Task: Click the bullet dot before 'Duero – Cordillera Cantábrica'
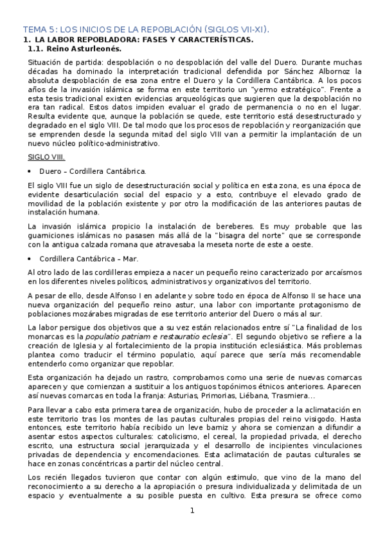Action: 30,172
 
